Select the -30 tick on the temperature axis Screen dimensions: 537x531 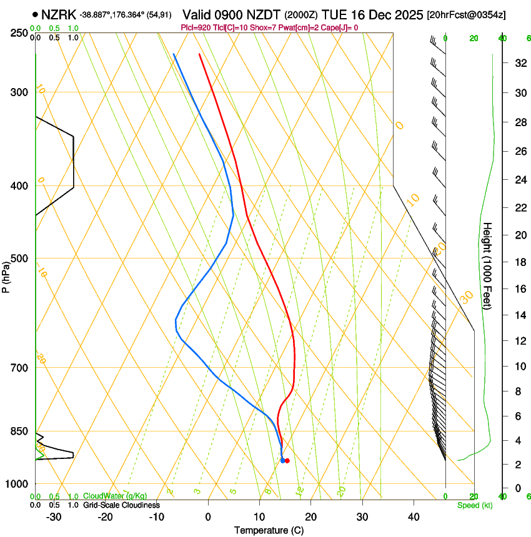click(54, 517)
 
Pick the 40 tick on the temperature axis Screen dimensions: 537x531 click(414, 517)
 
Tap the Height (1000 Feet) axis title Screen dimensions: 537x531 click(488, 265)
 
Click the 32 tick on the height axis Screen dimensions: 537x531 click(519, 63)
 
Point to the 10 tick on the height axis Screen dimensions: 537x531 click(519, 366)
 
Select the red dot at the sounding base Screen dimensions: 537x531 click(287, 461)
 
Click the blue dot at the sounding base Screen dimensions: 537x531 click(282, 460)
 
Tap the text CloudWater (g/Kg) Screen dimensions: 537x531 click(115, 496)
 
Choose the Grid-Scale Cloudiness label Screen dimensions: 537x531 click(121, 505)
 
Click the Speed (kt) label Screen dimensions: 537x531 click(475, 505)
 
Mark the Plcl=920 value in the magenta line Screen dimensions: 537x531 click(197, 27)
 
